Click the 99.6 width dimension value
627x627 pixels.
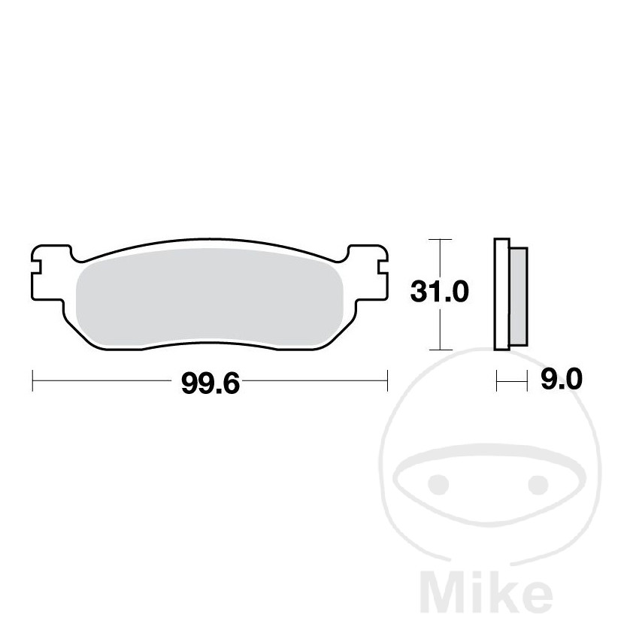click(210, 383)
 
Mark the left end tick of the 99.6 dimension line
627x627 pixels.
click(32, 380)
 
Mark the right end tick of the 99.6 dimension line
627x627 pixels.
click(386, 380)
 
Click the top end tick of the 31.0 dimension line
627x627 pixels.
click(440, 239)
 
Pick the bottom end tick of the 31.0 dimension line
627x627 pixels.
click(440, 350)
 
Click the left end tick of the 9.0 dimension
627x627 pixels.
click(496, 380)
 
